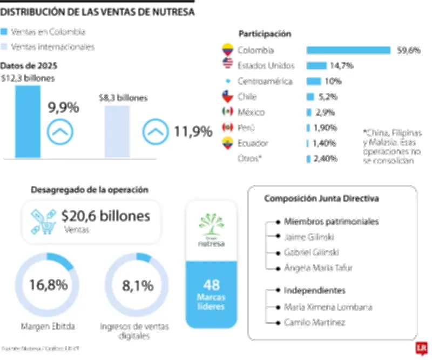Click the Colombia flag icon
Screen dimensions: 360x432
point(227,50)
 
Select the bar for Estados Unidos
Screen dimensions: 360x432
point(316,66)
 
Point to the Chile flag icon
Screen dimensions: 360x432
point(227,97)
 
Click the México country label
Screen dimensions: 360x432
point(251,112)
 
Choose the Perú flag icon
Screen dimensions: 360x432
point(227,128)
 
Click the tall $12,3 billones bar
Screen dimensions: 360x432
point(28,121)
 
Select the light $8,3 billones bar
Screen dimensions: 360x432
point(117,131)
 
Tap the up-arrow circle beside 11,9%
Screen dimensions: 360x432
point(155,132)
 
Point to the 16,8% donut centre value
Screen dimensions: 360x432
point(48,285)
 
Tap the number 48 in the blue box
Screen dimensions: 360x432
point(211,285)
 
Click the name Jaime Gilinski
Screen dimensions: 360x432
point(308,237)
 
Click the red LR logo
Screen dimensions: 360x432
point(421,349)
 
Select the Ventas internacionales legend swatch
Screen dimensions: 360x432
point(5,47)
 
